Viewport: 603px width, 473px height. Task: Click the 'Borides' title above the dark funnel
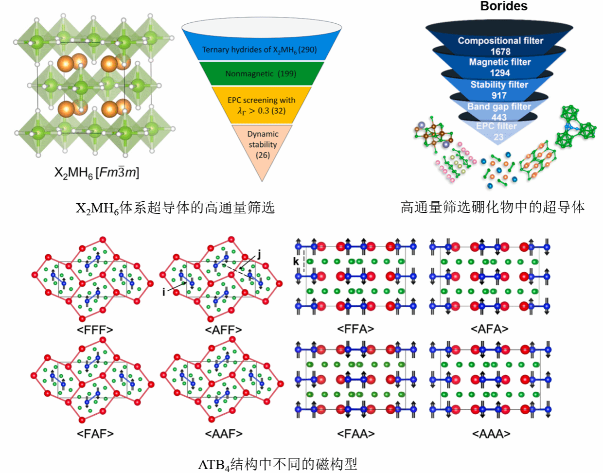click(503, 6)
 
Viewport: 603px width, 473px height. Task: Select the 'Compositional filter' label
click(500, 41)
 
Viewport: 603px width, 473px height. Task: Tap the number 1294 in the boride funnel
click(499, 73)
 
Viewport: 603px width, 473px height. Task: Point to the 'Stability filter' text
click(499, 85)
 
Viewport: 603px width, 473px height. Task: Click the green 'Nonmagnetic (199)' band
click(261, 74)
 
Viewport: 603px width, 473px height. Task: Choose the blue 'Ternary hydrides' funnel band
click(259, 50)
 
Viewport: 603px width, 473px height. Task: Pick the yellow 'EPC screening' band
click(261, 105)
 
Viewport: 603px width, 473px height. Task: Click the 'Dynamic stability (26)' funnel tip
click(263, 144)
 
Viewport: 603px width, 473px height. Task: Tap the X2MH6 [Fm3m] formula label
click(96, 173)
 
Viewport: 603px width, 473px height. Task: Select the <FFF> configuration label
click(95, 330)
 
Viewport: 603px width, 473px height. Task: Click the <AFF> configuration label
click(223, 330)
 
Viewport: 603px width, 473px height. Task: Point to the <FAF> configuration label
click(95, 433)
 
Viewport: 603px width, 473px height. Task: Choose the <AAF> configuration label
click(224, 433)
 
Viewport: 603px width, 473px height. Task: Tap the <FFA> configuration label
click(355, 329)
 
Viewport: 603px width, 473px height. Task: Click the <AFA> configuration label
click(489, 329)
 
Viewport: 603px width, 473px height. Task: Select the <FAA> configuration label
click(356, 433)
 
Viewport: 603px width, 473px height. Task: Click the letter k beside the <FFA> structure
click(296, 262)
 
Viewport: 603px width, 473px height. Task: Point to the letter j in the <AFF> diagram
click(259, 253)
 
